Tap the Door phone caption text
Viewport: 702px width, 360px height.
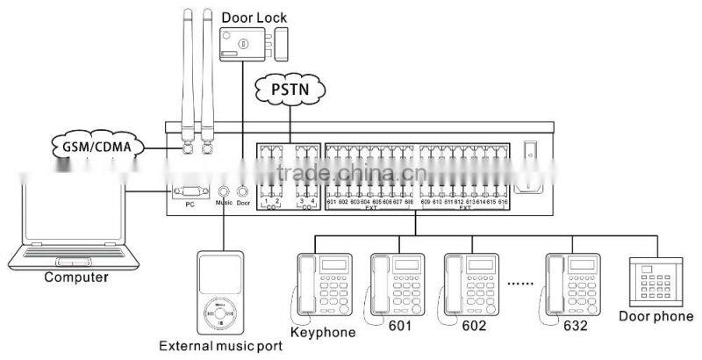656,317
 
